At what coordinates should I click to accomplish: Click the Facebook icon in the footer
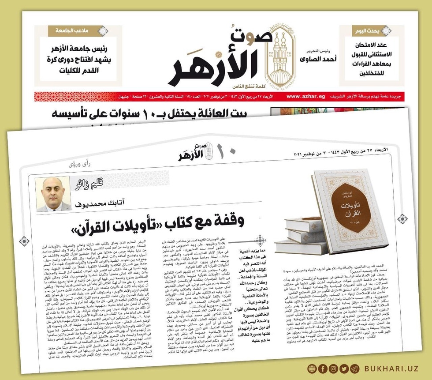311,368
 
